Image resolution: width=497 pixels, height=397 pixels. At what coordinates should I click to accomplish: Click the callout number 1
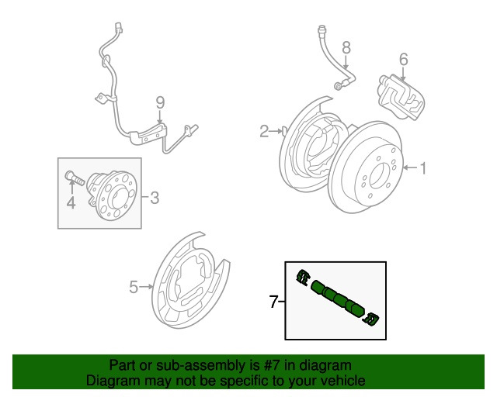coord(424,167)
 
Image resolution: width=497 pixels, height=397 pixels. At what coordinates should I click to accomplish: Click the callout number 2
coord(264,131)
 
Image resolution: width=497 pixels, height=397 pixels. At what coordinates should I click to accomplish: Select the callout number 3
coord(154,198)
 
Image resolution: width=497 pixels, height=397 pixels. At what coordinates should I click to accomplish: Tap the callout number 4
coord(71,203)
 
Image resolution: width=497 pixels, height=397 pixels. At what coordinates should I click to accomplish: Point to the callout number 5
coord(134,288)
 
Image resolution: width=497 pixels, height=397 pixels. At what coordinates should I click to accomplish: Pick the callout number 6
coord(403,60)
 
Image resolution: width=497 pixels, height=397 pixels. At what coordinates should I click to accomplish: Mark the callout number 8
coord(346,47)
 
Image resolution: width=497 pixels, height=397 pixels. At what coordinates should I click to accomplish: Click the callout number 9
coord(160,102)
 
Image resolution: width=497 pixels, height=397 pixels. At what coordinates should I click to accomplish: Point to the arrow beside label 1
coord(408,167)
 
